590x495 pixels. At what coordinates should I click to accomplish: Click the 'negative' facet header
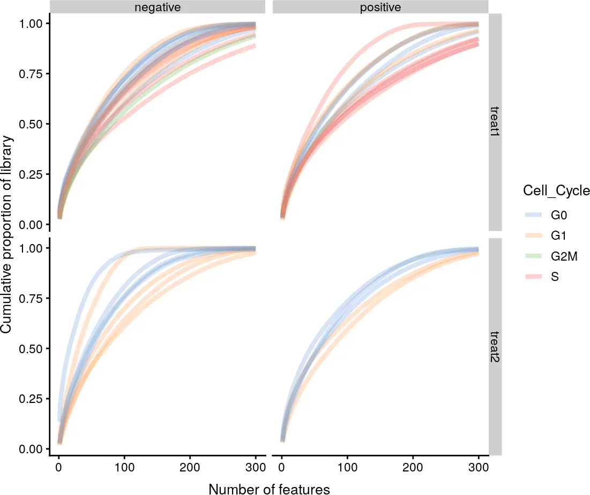coord(157,7)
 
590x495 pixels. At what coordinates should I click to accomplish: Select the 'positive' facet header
coord(380,7)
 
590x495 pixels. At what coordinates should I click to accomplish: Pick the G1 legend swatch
coord(533,236)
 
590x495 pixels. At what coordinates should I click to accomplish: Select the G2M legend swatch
coord(533,256)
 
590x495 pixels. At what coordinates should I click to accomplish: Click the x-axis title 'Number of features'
coord(269,489)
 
